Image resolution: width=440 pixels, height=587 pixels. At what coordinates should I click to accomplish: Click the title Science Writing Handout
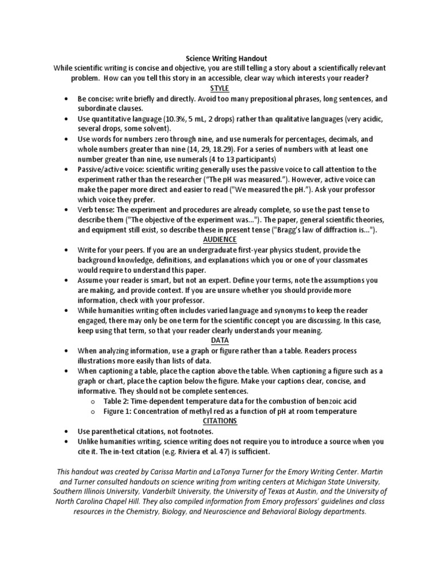point(219,58)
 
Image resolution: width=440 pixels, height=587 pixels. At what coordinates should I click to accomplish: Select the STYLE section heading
point(219,88)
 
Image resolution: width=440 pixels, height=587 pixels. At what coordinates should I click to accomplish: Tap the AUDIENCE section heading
point(219,240)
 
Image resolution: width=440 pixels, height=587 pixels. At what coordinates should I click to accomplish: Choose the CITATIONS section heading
point(219,421)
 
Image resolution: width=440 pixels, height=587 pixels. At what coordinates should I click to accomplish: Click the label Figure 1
point(119,411)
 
